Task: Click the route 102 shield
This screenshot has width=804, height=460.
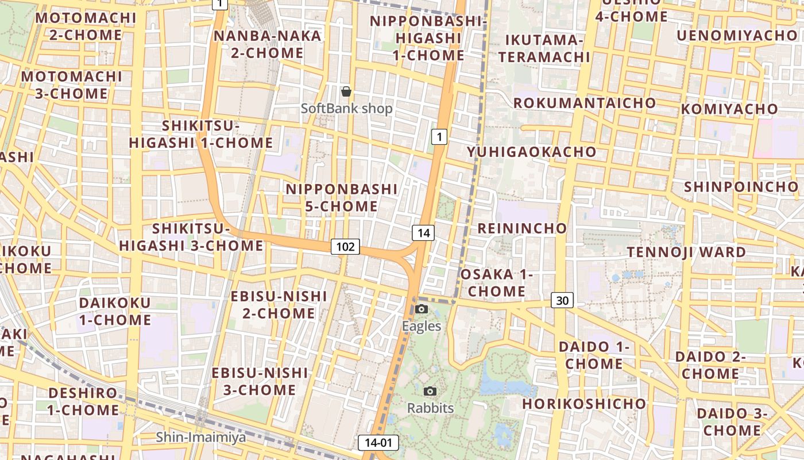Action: pos(345,247)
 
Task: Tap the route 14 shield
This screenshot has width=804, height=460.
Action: pos(423,233)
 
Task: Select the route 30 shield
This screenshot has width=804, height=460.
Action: pos(562,300)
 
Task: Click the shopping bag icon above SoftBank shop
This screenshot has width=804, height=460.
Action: pos(346,91)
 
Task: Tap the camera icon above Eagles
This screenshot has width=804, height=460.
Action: pos(422,309)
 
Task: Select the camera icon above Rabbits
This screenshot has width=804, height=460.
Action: pos(430,392)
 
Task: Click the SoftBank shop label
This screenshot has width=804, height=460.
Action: pos(347,109)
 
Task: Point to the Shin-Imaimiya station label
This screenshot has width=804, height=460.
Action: pos(201,438)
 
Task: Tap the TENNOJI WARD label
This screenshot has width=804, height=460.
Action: pos(686,252)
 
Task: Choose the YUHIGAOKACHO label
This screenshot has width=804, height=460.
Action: pos(531,152)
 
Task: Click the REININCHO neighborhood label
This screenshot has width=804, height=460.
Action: pos(522,228)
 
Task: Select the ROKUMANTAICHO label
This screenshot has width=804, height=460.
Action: pos(584,103)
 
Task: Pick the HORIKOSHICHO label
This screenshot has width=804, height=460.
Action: pos(584,404)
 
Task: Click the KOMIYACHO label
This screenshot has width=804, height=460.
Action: pos(729,109)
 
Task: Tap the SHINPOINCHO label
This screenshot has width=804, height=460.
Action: pos(741,187)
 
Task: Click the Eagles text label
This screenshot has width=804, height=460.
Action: pos(422,326)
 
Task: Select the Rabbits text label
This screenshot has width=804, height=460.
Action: pos(430,408)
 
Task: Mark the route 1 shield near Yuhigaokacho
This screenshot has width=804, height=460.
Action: pos(439,137)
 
